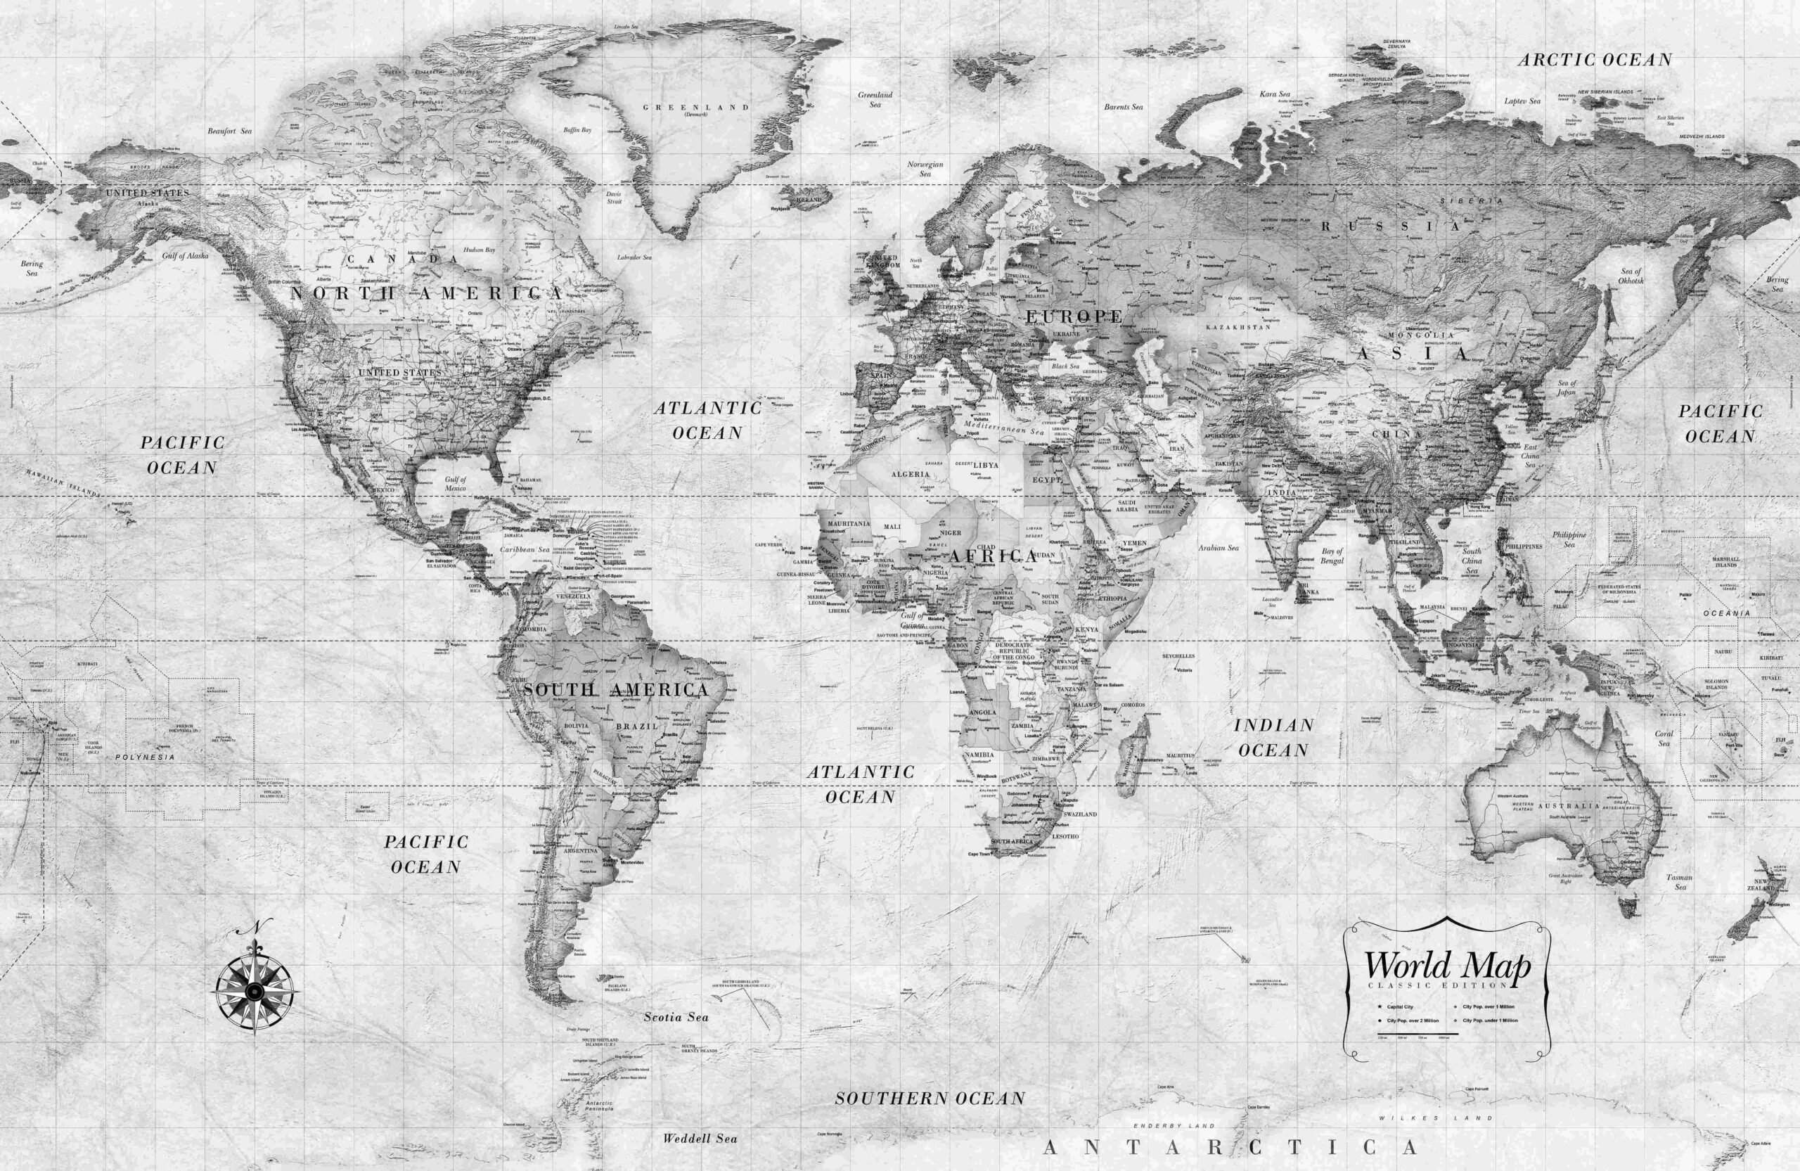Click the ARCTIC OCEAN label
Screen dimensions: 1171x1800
coord(1594,60)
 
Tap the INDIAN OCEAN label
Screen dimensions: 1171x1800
coord(1273,738)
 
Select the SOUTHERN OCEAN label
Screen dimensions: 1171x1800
coord(930,1099)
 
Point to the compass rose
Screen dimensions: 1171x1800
coord(255,989)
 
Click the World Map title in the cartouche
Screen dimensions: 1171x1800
coord(1447,966)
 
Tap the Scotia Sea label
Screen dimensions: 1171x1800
coord(676,1018)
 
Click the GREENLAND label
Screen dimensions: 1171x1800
coord(696,108)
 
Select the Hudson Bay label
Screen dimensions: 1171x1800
coord(479,250)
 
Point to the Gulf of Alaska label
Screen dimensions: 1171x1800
coord(186,256)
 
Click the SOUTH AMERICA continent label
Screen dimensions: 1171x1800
coord(616,690)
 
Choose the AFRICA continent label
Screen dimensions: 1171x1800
coord(994,556)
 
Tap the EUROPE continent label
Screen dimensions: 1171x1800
coord(1074,316)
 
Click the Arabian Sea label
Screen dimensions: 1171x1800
coord(1219,548)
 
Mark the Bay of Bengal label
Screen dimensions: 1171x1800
coord(1332,556)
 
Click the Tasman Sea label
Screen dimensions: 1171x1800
coord(1680,882)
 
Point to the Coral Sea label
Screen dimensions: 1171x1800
coord(1664,738)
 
